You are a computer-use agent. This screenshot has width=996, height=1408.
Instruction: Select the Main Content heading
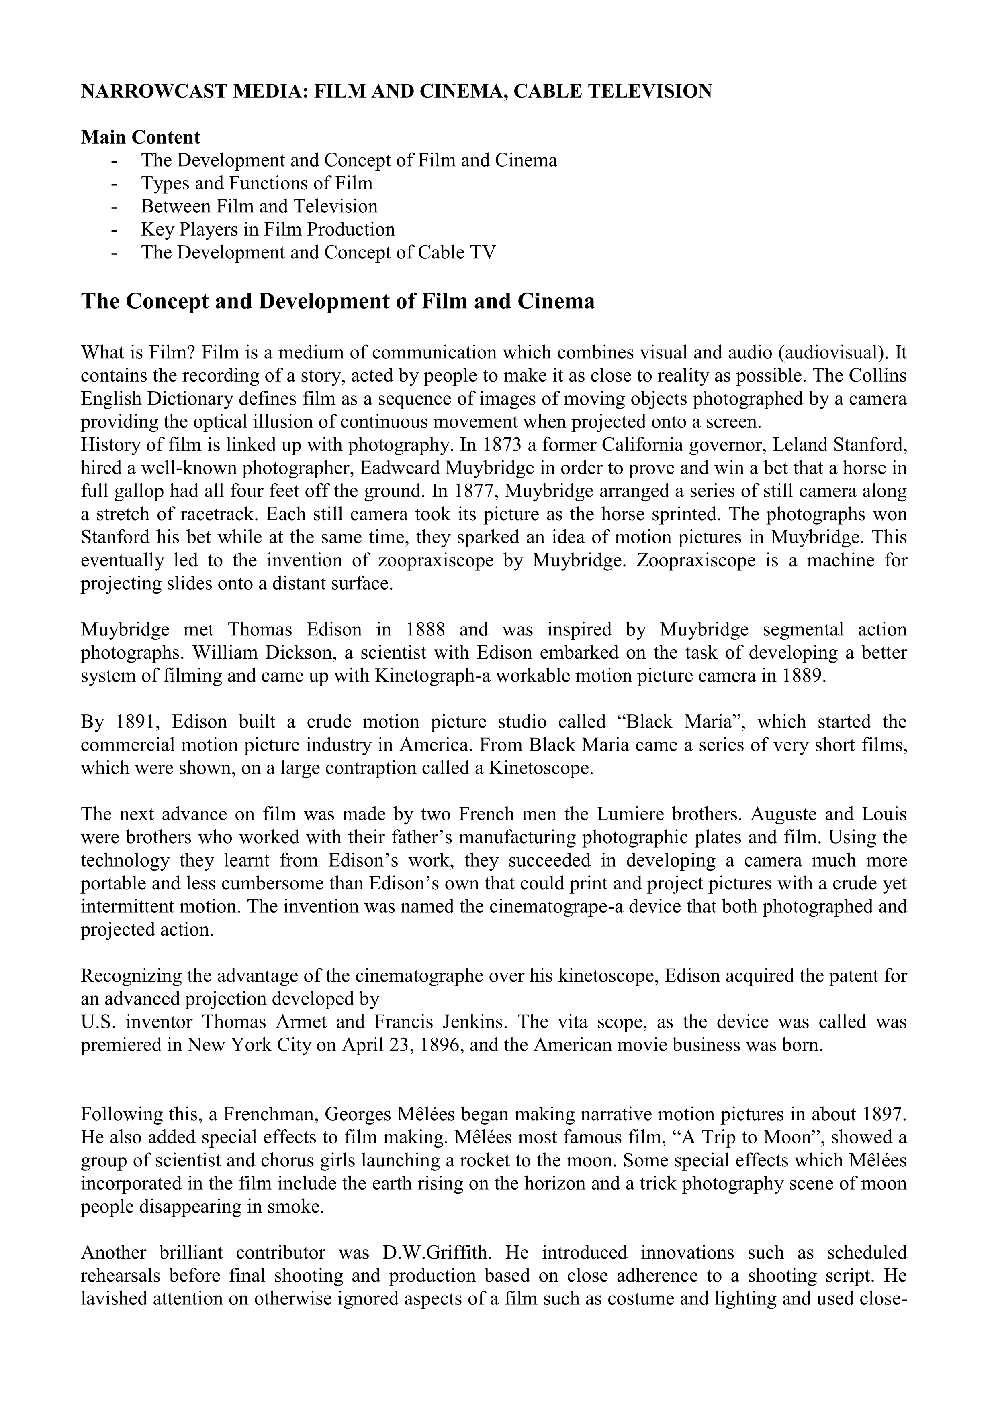click(141, 137)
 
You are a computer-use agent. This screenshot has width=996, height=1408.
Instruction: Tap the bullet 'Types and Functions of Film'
click(256, 183)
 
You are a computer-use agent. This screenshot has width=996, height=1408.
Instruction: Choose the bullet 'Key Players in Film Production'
click(268, 229)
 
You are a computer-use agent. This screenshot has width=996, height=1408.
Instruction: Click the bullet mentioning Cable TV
click(318, 252)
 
